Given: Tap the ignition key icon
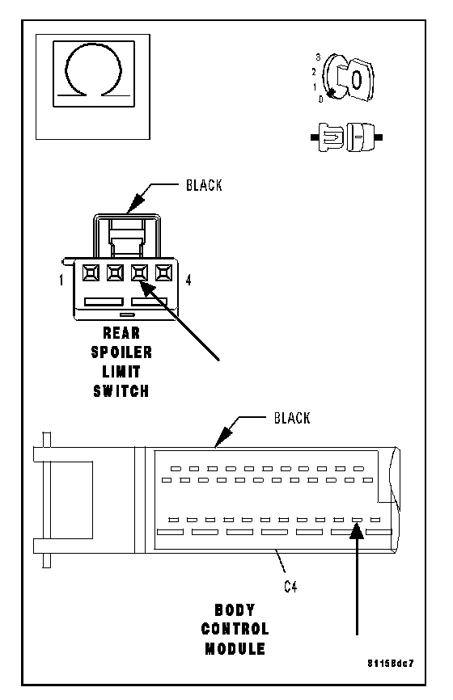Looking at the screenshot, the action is [x=349, y=78].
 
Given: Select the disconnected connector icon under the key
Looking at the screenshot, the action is [x=347, y=137].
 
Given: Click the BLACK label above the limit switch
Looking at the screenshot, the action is [x=204, y=185].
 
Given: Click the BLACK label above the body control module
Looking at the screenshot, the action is [x=292, y=419].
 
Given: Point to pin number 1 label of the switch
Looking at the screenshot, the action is [x=61, y=280].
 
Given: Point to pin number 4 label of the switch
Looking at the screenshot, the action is [x=188, y=280].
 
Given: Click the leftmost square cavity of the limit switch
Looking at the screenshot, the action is [x=91, y=272].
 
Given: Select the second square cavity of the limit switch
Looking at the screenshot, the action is [x=115, y=272].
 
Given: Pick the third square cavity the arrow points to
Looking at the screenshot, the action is [x=139, y=272].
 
